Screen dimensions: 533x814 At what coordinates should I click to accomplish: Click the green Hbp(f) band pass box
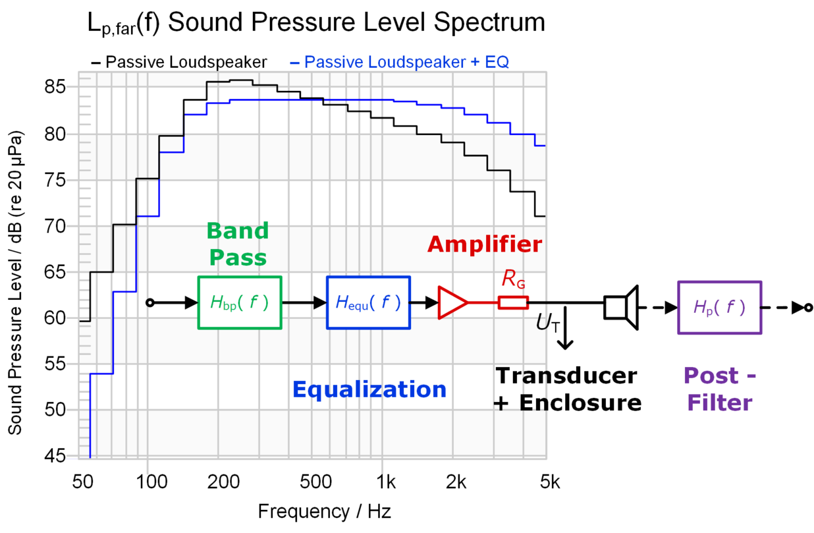(240, 302)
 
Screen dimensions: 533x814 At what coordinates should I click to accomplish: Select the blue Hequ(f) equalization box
(368, 302)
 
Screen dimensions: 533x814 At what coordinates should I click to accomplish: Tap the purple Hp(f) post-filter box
(719, 307)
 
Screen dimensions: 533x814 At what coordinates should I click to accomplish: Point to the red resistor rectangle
(513, 302)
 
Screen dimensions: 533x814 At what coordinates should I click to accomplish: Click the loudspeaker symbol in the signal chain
(622, 306)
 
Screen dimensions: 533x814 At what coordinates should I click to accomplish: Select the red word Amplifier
(484, 244)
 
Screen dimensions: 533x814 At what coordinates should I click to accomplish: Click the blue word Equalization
(369, 389)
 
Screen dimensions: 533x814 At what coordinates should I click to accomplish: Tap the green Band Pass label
(237, 243)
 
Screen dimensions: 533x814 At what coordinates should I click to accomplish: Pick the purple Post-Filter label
(719, 389)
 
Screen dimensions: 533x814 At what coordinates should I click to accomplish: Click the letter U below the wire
(544, 322)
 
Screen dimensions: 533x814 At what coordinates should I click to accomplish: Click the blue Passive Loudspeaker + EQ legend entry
(399, 63)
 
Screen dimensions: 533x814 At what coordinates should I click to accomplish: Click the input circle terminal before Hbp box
(149, 302)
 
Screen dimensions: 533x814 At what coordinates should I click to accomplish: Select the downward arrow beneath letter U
(565, 336)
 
